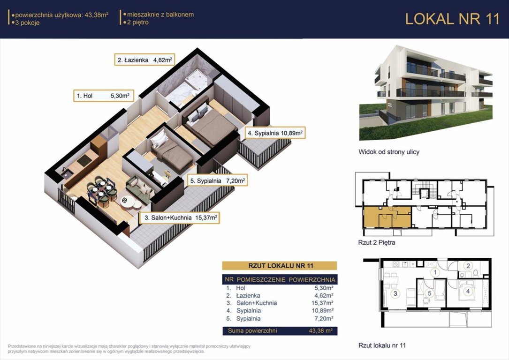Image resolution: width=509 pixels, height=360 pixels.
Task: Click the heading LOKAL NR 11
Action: click(x=452, y=19)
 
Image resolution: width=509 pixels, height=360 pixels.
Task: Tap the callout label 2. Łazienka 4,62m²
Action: click(x=145, y=60)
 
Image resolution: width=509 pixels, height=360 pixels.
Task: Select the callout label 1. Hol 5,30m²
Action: click(x=103, y=96)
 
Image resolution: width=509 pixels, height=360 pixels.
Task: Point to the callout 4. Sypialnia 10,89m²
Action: click(x=275, y=133)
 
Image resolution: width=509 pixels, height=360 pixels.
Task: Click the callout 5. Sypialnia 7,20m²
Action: click(x=218, y=180)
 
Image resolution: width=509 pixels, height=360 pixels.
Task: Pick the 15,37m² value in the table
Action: click(x=322, y=303)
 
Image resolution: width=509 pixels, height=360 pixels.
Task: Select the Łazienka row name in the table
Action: click(x=248, y=295)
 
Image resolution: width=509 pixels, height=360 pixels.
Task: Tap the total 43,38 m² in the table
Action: click(x=321, y=331)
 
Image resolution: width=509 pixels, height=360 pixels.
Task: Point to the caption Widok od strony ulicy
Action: click(x=389, y=152)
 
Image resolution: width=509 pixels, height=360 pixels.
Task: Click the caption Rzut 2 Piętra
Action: click(x=377, y=242)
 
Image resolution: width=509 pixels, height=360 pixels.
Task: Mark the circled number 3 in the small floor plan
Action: click(x=395, y=294)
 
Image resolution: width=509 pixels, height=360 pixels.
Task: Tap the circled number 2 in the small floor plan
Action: click(x=468, y=266)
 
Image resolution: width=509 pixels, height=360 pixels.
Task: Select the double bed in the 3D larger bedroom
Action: click(x=211, y=124)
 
